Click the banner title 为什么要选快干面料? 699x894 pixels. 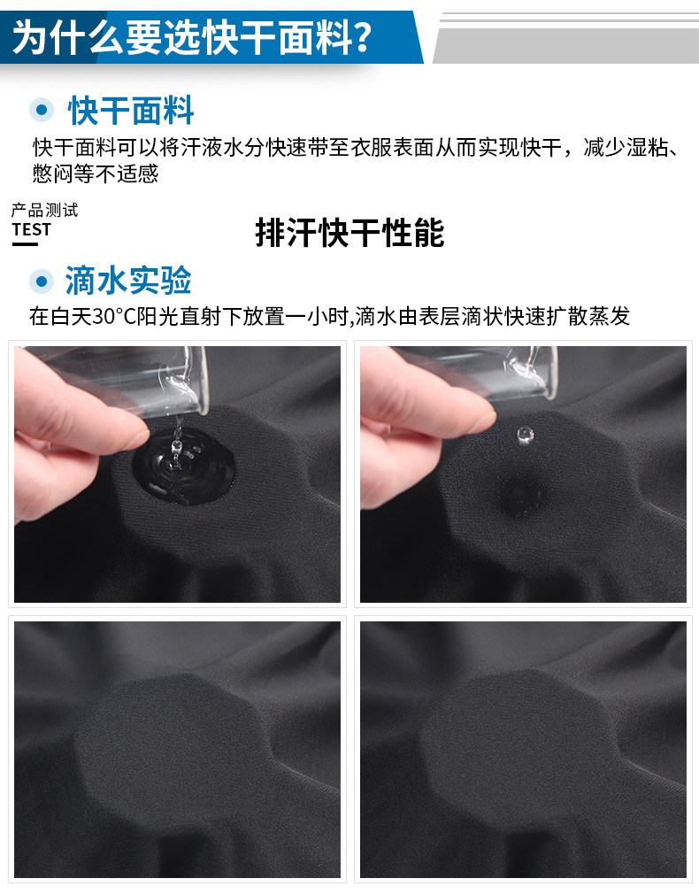click(x=193, y=37)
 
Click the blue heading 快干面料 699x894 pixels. click(x=131, y=110)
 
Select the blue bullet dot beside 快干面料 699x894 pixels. click(x=42, y=110)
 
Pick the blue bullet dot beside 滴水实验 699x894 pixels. click(x=41, y=281)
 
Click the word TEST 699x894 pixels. click(x=31, y=230)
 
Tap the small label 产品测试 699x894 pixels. click(x=44, y=210)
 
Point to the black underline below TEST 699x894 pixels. click(x=25, y=244)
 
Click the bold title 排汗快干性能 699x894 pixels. click(x=349, y=233)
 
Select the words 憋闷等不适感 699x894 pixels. click(x=96, y=173)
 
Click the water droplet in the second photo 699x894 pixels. click(x=525, y=435)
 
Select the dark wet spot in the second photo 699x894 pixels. click(x=520, y=495)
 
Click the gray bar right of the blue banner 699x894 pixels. click(x=566, y=46)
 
